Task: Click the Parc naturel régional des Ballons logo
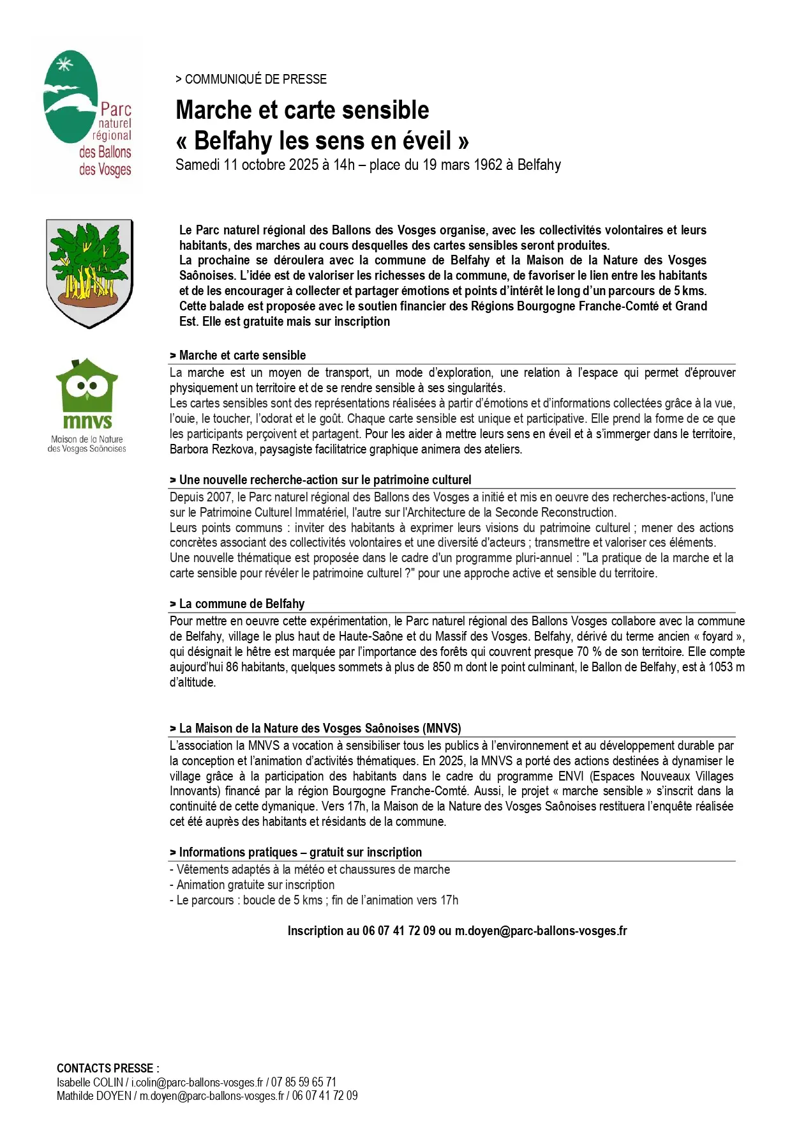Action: (x=87, y=114)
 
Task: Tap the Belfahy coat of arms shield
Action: (x=89, y=273)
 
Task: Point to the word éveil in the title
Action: (x=427, y=141)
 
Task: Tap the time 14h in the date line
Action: (x=343, y=165)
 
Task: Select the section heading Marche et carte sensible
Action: (x=242, y=355)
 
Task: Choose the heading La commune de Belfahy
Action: (x=241, y=604)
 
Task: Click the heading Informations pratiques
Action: (x=237, y=852)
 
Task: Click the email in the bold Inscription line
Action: (x=541, y=931)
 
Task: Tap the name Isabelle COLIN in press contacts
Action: (x=89, y=1082)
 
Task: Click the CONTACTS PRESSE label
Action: (x=107, y=1068)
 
